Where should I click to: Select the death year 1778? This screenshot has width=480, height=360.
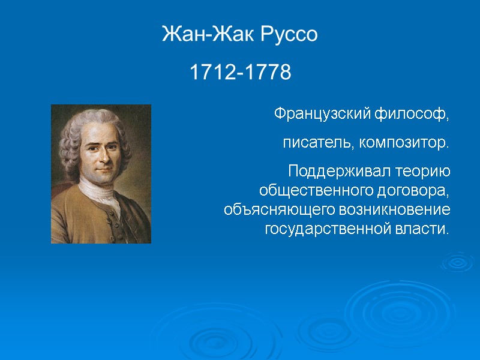coord(268,73)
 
